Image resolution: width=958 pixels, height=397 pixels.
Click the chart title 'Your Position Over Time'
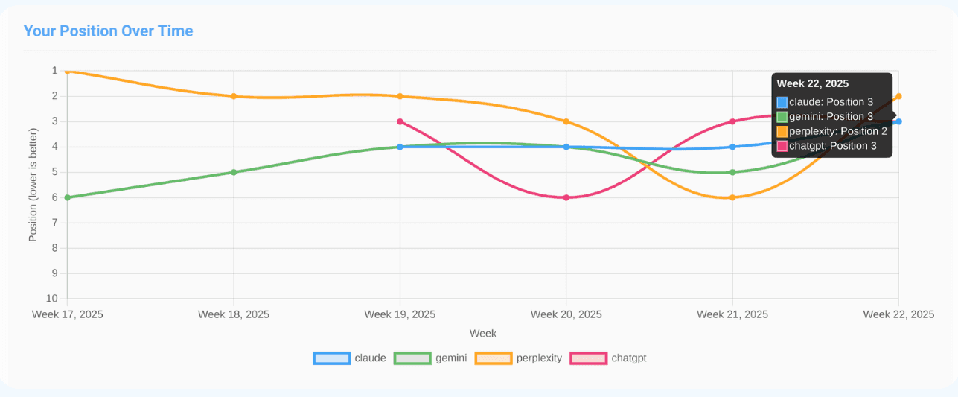click(108, 31)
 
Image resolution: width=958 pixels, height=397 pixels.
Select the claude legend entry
click(350, 358)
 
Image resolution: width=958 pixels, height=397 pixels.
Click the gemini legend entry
click(432, 358)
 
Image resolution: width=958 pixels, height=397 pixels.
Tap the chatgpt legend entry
click(608, 358)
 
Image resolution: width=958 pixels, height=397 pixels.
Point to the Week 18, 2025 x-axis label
click(234, 314)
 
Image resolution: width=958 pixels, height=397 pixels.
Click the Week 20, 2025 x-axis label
click(566, 314)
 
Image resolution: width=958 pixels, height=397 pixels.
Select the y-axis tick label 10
click(53, 299)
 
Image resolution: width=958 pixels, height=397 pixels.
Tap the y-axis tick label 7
click(54, 223)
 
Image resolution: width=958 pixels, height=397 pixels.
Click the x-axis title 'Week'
click(483, 333)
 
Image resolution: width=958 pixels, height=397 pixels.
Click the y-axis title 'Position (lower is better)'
click(33, 185)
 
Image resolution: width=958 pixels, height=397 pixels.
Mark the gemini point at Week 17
click(68, 197)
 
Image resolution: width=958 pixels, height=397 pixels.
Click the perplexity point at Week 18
click(234, 96)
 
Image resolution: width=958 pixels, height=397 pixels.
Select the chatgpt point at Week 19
click(400, 121)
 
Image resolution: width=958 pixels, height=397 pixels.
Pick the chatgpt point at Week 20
click(566, 197)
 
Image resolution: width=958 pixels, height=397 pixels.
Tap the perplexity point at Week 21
click(732, 197)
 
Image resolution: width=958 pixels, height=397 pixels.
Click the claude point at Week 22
click(898, 121)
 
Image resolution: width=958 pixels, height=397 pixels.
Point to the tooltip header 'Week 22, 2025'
click(812, 84)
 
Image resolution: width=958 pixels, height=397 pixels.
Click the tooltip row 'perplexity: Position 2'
click(831, 131)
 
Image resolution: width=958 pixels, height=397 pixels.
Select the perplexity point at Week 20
click(566, 121)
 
